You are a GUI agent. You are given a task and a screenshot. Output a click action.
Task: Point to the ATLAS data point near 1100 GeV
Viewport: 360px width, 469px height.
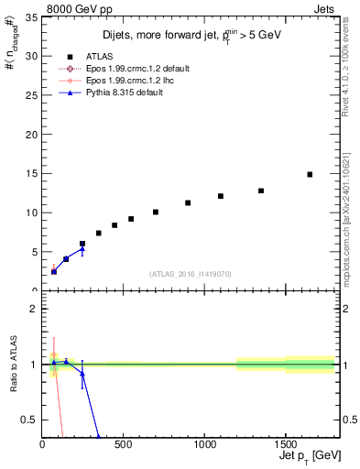click(221, 196)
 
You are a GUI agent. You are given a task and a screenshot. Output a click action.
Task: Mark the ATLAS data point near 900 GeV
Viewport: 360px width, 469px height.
click(188, 203)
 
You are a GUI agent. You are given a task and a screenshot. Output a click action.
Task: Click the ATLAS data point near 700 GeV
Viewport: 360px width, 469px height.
click(156, 212)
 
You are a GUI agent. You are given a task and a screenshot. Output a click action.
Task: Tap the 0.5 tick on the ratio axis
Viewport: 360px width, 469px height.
click(29, 420)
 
